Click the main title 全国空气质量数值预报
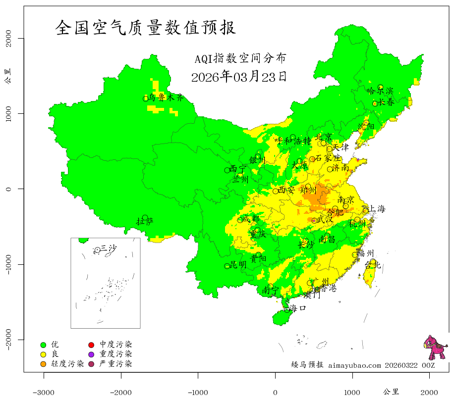point(146,28)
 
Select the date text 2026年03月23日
point(238,77)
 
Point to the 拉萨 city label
point(145,221)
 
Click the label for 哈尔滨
point(380,91)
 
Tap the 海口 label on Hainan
point(298,308)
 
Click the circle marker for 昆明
point(227,266)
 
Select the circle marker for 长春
point(375,103)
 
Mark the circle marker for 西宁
point(227,170)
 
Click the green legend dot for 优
point(43,345)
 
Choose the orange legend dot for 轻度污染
point(43,364)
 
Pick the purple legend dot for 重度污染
point(91,354)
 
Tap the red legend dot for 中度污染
point(91,345)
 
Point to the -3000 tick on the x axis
point(44,392)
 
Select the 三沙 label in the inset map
point(109,248)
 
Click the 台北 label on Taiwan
point(372,265)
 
